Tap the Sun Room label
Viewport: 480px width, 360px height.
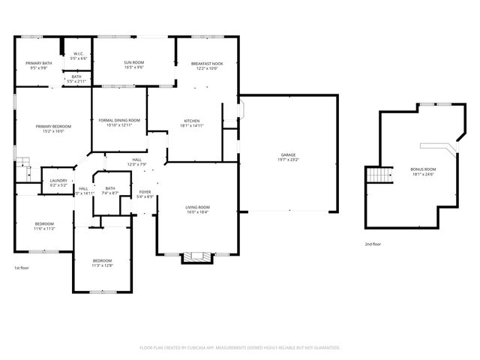tap(133, 62)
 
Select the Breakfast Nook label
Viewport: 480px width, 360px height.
tap(206, 64)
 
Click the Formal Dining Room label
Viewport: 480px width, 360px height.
tap(119, 120)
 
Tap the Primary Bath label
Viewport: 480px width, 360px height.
tap(38, 63)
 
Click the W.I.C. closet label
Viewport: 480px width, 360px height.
tap(79, 54)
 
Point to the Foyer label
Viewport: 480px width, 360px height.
tap(145, 192)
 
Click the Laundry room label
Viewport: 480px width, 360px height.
tap(58, 180)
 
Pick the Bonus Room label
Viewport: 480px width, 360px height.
tap(423, 169)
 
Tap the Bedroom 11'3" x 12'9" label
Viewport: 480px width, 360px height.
tap(102, 260)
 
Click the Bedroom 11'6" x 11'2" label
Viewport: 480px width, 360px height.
tap(44, 223)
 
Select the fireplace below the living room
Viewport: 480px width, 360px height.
tap(198, 258)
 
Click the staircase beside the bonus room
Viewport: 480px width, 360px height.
tap(379, 176)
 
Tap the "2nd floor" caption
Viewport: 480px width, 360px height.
tap(373, 244)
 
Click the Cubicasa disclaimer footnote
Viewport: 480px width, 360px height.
tap(240, 348)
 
